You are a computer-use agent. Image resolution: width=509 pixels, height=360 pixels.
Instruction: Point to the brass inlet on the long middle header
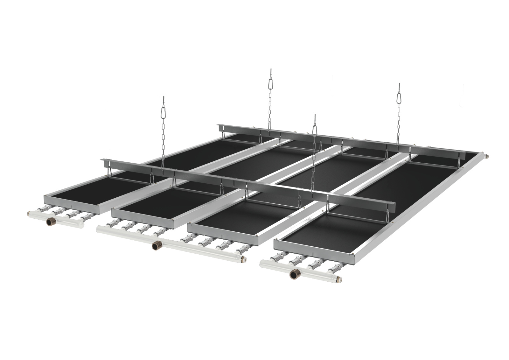point(155,245)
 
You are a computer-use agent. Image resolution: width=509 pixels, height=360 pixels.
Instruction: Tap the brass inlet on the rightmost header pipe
point(294,274)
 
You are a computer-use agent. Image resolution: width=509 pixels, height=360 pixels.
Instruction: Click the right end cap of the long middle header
point(244,258)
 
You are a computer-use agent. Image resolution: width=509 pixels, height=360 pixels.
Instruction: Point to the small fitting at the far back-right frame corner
point(486,156)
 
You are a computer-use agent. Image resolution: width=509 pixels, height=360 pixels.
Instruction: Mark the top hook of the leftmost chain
point(164,98)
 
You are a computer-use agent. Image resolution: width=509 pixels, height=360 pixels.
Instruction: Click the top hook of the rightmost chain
point(399,85)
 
